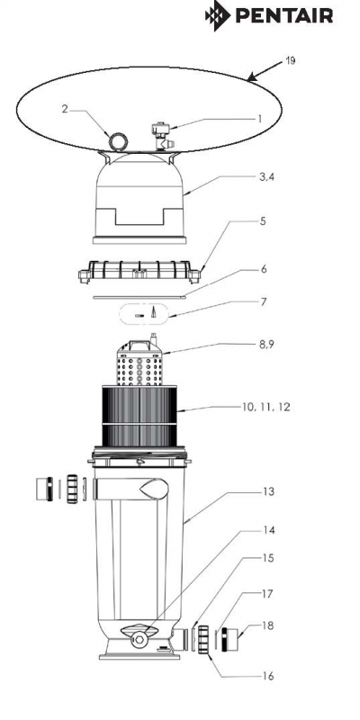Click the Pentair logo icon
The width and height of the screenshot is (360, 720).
click(x=218, y=15)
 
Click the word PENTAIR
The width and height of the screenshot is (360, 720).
click(x=284, y=16)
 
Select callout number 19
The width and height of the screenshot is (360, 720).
click(x=290, y=60)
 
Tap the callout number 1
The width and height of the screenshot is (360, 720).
click(x=260, y=119)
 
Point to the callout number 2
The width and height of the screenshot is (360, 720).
click(x=65, y=109)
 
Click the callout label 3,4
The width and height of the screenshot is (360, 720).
click(x=266, y=176)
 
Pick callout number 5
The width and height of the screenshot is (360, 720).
click(x=263, y=220)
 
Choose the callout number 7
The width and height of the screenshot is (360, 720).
click(x=263, y=301)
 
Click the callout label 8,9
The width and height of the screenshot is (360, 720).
click(x=266, y=344)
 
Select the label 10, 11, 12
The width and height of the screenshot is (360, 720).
click(x=266, y=407)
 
